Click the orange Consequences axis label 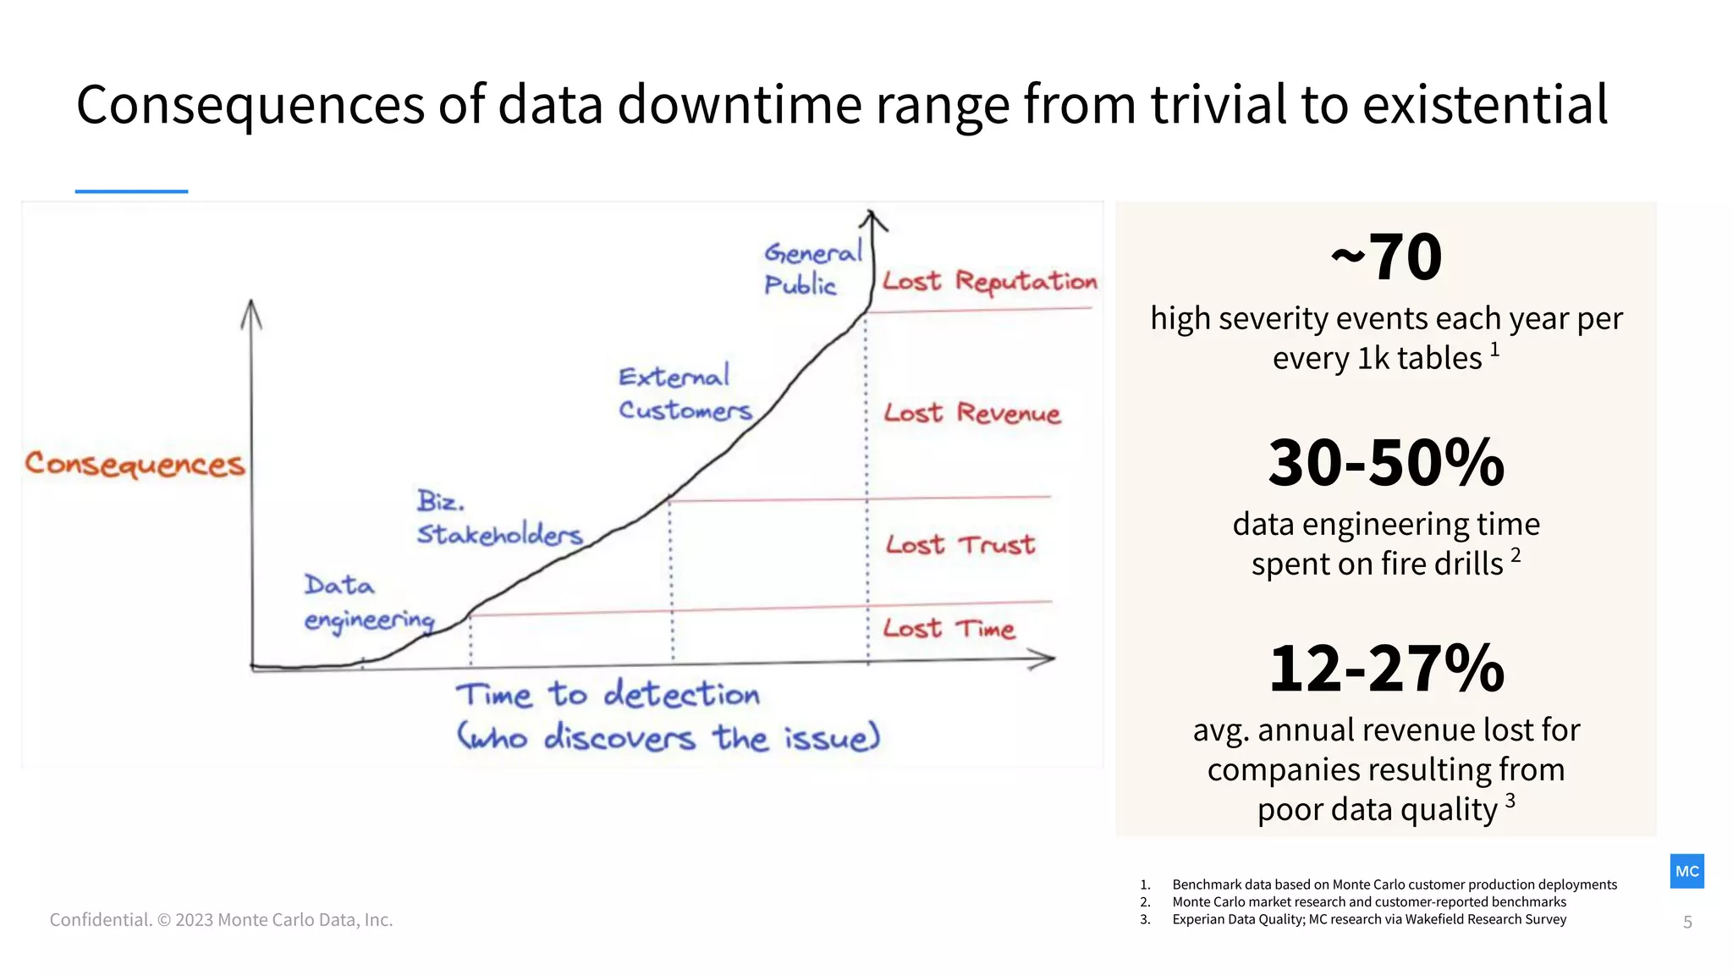pyautogui.click(x=135, y=464)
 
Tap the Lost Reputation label pyautogui.click(x=989, y=282)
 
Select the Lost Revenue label pyautogui.click(x=971, y=413)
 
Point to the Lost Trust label pyautogui.click(x=960, y=544)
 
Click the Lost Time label pyautogui.click(x=949, y=628)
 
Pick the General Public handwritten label pyautogui.click(x=811, y=268)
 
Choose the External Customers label pyautogui.click(x=684, y=394)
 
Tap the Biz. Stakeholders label pyautogui.click(x=499, y=518)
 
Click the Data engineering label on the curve pyautogui.click(x=368, y=603)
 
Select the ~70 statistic pyautogui.click(x=1386, y=256)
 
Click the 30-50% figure pyautogui.click(x=1386, y=463)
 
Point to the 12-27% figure pyautogui.click(x=1386, y=669)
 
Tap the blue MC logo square pyautogui.click(x=1686, y=871)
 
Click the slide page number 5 pyautogui.click(x=1687, y=922)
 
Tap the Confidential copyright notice pyautogui.click(x=221, y=919)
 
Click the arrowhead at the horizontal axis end pyautogui.click(x=1045, y=658)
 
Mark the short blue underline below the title pyautogui.click(x=131, y=191)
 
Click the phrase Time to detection pyautogui.click(x=608, y=695)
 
